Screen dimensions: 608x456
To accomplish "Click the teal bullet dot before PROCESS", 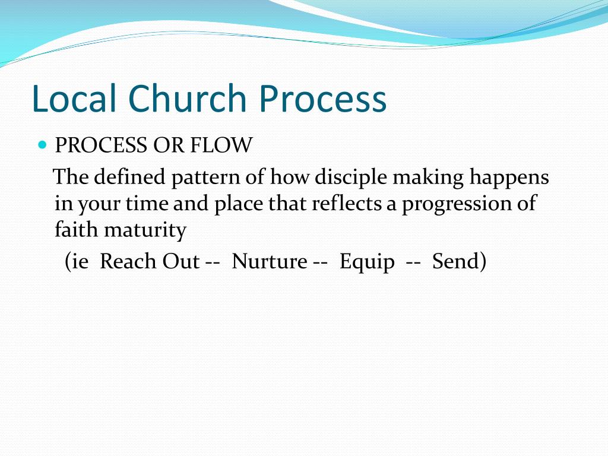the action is [x=42, y=145].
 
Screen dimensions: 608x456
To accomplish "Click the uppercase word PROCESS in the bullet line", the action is [x=101, y=145].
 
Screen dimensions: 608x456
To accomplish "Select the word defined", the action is [x=129, y=177].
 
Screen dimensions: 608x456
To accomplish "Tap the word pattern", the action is [x=205, y=178].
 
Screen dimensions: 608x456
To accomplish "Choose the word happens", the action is [x=509, y=178].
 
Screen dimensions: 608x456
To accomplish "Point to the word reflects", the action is [x=346, y=204].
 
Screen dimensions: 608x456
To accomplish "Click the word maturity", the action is [x=145, y=230].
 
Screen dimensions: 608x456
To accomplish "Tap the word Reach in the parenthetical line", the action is [x=128, y=261].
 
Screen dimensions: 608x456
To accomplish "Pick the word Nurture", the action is [x=270, y=261].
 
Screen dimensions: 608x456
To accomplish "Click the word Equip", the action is [x=367, y=262].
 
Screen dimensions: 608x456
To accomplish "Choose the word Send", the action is [x=455, y=261].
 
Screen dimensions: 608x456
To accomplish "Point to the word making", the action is [x=428, y=178].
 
